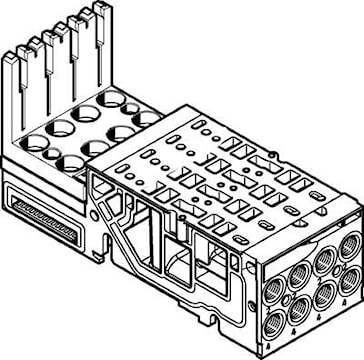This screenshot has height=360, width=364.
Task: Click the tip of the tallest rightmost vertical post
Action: (x=100, y=9)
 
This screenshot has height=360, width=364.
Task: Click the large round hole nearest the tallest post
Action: (x=112, y=99)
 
